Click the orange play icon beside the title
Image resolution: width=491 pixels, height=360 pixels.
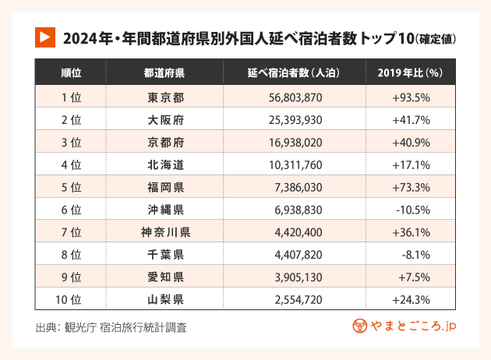point(44,37)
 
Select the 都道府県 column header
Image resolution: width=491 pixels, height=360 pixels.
point(164,73)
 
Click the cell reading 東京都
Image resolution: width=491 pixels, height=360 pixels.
point(164,97)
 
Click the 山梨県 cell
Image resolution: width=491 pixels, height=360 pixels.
point(164,299)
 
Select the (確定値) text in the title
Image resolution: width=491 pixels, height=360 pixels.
point(436,37)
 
